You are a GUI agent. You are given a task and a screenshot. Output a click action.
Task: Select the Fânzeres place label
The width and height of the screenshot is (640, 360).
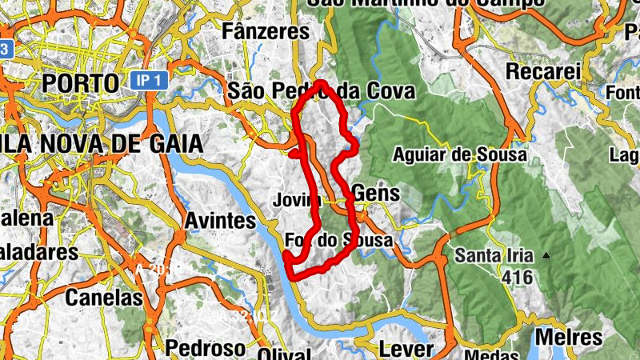[x=266, y=32]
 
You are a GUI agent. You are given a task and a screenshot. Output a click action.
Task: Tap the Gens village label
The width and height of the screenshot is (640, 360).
[x=375, y=194]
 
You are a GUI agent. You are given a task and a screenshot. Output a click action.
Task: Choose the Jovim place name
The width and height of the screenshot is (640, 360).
[x=296, y=200]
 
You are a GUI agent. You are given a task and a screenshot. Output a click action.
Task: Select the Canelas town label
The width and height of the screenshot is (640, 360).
[x=104, y=298]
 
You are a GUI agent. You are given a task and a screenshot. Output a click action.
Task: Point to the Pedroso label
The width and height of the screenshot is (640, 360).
[x=206, y=348]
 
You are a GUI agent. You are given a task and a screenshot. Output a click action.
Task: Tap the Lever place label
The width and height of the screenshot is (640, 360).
[x=406, y=350]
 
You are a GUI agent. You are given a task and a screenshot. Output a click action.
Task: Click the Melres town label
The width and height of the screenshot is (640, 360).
[x=568, y=337]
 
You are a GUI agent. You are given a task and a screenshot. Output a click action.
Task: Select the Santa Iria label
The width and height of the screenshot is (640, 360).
[x=494, y=257]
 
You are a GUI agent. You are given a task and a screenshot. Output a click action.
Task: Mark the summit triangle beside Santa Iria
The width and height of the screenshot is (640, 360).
[x=546, y=256]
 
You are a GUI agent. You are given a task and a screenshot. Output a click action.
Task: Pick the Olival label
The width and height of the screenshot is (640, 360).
[x=284, y=353]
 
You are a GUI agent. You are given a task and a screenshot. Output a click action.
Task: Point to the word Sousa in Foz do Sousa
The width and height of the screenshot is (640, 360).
[x=366, y=240]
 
